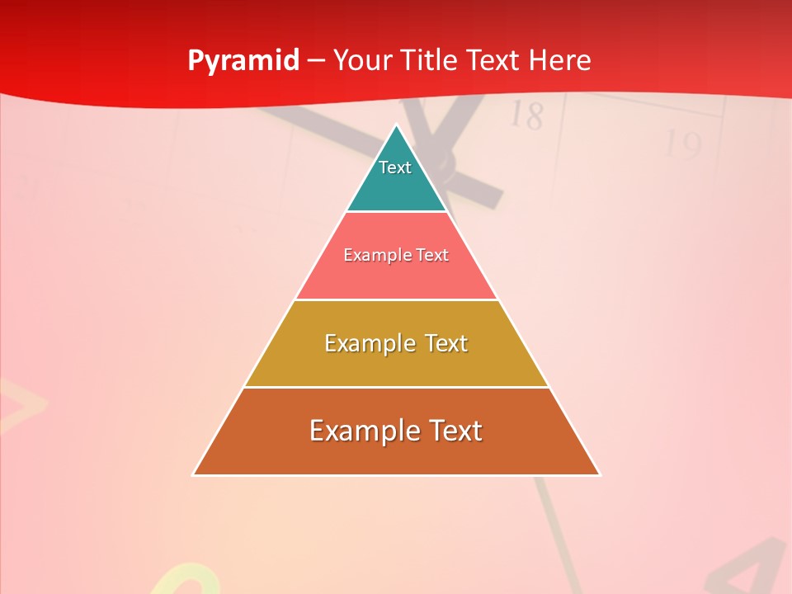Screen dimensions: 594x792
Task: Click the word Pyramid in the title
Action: tap(243, 61)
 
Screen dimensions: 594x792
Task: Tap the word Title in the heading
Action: tap(430, 60)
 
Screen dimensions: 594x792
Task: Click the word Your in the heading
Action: tap(361, 60)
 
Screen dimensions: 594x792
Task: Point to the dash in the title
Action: tap(316, 61)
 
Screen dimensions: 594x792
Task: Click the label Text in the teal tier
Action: tap(395, 167)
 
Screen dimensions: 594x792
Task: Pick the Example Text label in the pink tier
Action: tap(396, 255)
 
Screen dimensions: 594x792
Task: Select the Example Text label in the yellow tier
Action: tap(396, 343)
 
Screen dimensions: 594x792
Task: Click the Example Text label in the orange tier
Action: tap(396, 431)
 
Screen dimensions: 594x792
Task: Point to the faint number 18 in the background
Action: tap(526, 115)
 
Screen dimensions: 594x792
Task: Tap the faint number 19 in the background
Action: tap(683, 145)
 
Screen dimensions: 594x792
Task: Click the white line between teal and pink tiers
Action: tap(396, 212)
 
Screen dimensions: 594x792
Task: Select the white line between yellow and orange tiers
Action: tap(396, 387)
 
